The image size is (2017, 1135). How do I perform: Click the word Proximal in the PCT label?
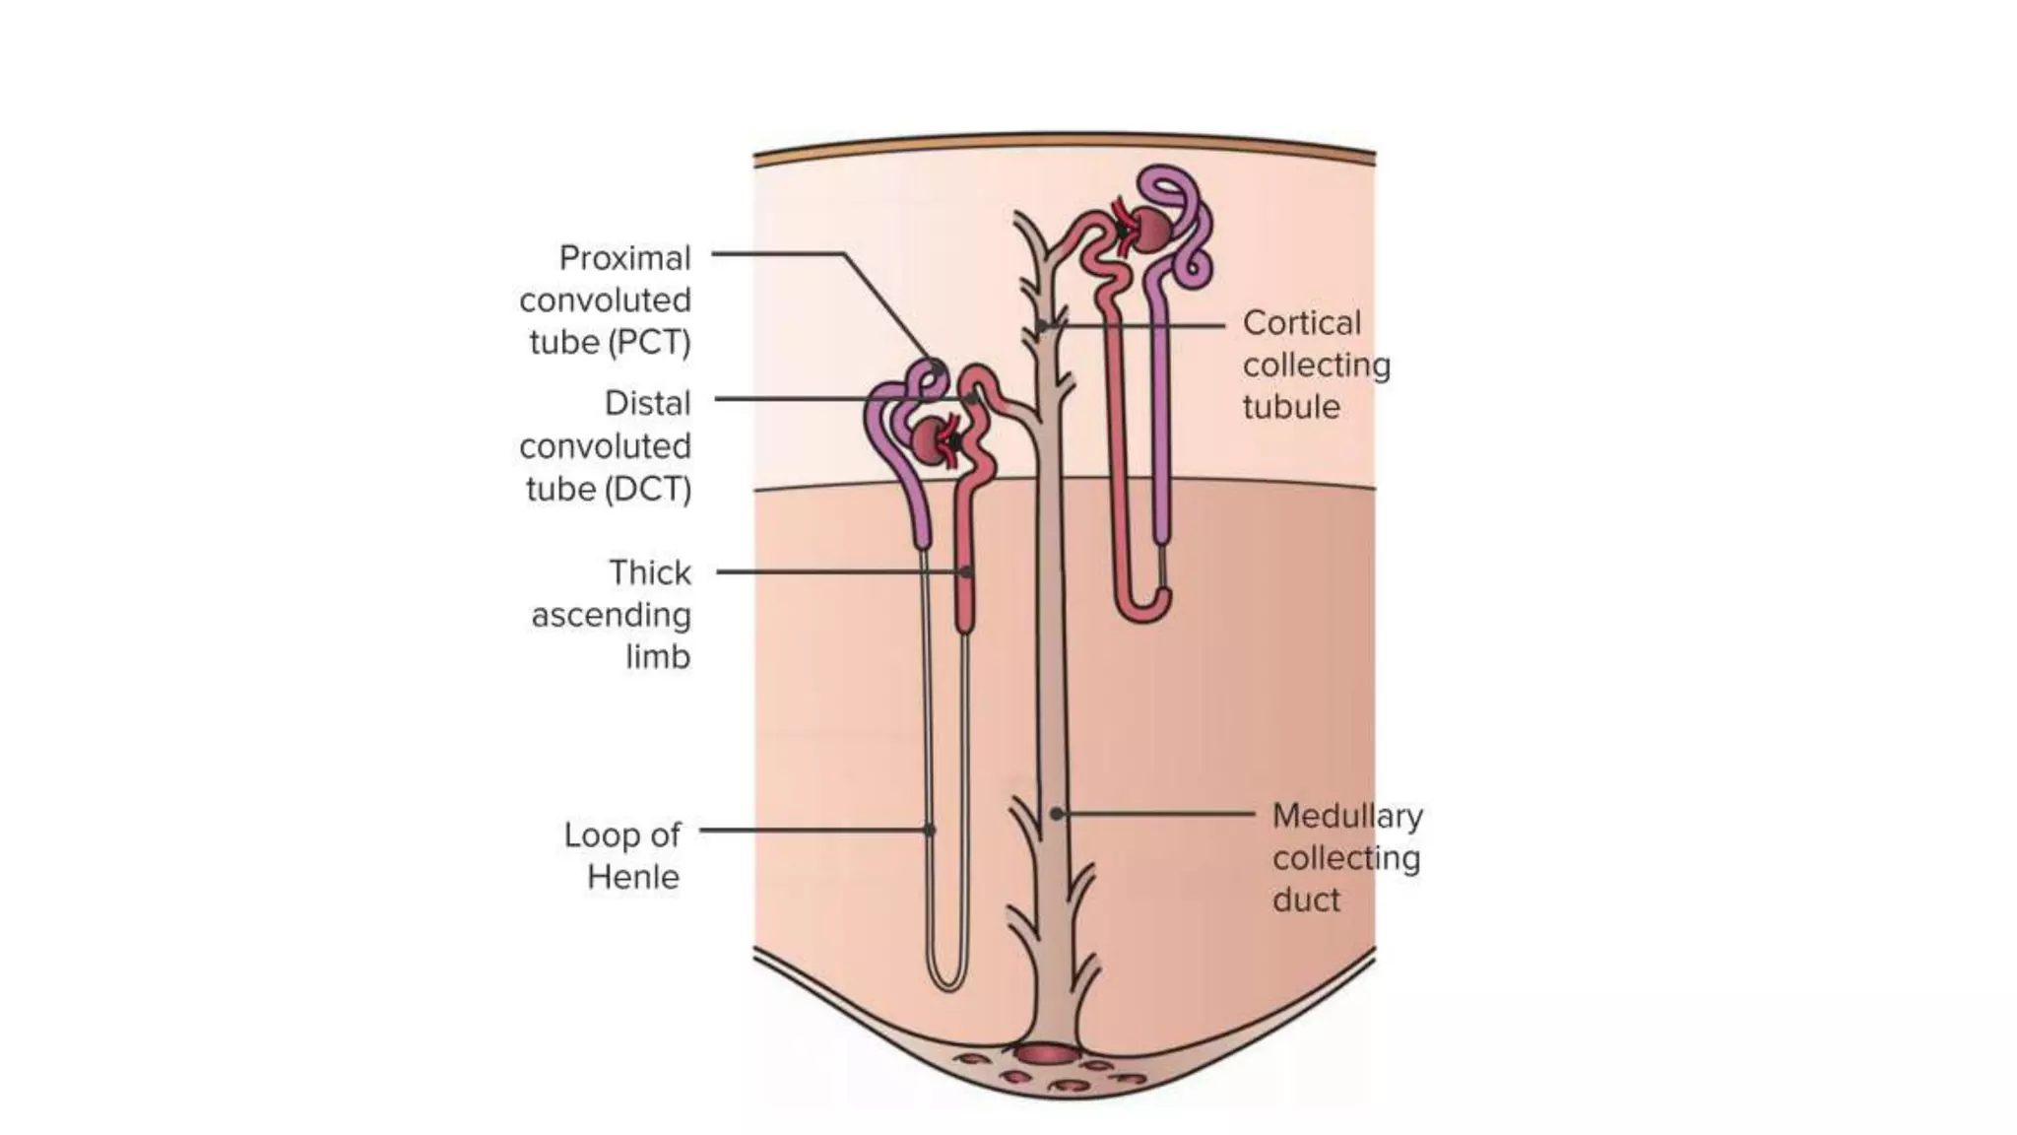(x=624, y=258)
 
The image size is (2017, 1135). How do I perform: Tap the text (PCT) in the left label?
(x=649, y=343)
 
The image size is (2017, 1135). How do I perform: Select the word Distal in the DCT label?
(x=647, y=403)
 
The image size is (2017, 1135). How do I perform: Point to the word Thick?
(x=649, y=572)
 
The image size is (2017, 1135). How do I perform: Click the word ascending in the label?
(x=611, y=615)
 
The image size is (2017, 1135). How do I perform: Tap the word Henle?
(x=632, y=877)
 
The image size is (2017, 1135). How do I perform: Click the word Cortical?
(x=1301, y=323)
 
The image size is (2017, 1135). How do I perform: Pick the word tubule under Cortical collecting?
(x=1290, y=407)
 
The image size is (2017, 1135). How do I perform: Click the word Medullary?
(x=1346, y=816)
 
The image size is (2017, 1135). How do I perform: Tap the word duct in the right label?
(x=1305, y=900)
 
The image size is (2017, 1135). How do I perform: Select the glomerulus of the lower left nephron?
(x=930, y=440)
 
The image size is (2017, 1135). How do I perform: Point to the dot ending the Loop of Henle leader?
(x=930, y=830)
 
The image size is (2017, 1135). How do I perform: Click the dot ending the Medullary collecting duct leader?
(x=1056, y=814)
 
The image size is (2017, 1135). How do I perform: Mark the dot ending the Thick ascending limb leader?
(x=966, y=571)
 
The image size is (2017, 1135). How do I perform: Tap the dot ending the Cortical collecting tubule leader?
(x=1041, y=325)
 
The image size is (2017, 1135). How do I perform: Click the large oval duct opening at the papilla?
(x=1047, y=1054)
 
